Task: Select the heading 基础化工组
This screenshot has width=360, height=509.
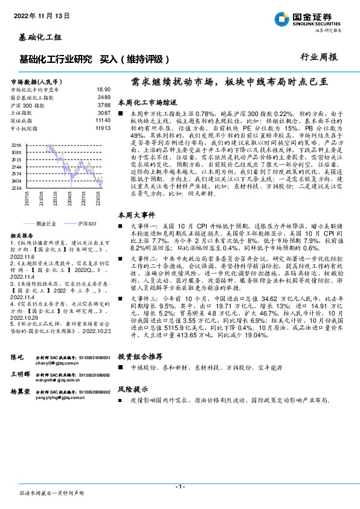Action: [x=37, y=38]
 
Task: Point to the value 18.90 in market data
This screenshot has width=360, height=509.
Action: [x=103, y=89]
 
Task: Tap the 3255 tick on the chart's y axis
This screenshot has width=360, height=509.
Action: [x=16, y=145]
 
